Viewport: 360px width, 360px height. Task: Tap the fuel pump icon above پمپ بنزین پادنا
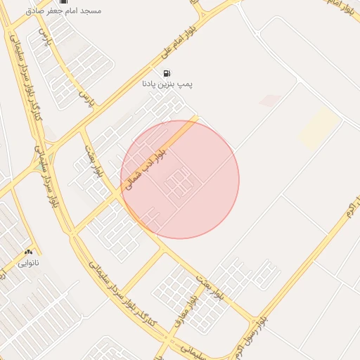167,73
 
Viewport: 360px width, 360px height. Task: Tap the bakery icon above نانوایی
28,252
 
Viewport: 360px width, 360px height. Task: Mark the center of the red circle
180,179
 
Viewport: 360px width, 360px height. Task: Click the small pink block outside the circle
270,101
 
